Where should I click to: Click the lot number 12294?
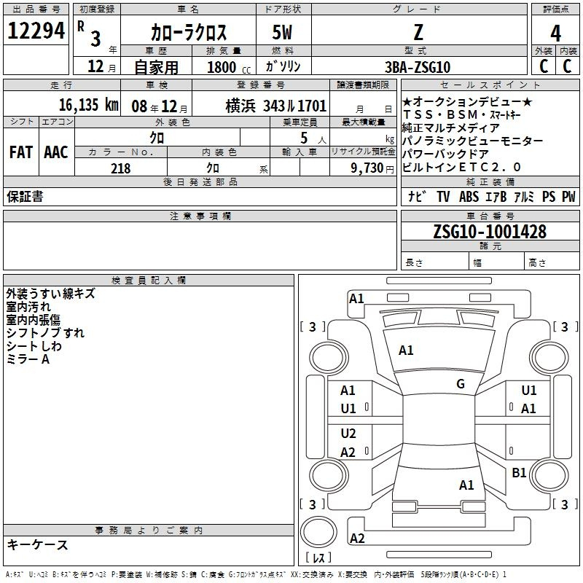(x=36, y=31)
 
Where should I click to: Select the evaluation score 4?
(x=555, y=34)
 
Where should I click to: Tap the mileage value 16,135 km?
(x=89, y=105)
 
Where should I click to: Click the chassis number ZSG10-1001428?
(x=490, y=231)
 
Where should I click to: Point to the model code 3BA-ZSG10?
(x=418, y=67)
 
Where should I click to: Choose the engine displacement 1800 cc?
(x=229, y=67)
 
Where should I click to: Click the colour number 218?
(x=121, y=168)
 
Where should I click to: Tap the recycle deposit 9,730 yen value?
(x=372, y=168)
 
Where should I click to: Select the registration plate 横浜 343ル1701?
(x=276, y=106)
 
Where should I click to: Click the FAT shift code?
(x=21, y=152)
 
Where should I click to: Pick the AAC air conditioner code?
(x=56, y=152)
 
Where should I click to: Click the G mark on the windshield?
(x=461, y=384)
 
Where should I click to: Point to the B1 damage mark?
(x=519, y=472)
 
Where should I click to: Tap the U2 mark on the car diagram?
(x=348, y=434)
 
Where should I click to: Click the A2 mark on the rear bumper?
(x=357, y=539)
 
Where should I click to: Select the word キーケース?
(x=38, y=544)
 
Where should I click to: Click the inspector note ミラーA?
(x=28, y=359)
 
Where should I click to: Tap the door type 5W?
(x=282, y=32)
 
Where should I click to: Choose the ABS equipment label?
(x=469, y=197)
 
